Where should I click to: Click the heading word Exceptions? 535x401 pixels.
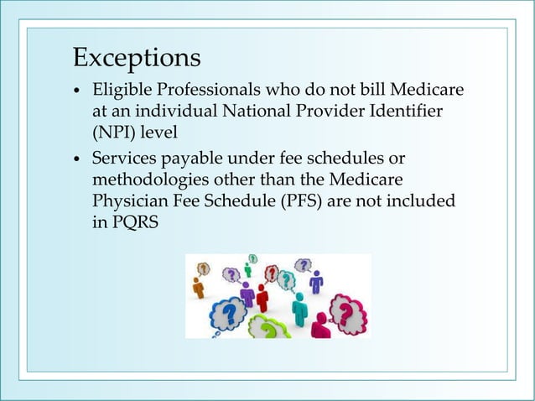137,58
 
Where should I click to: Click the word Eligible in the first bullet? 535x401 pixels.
118,90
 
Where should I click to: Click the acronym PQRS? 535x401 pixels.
138,222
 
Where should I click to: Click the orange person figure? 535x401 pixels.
199,288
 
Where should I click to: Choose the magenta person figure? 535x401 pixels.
319,325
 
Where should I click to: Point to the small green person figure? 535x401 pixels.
248,270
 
